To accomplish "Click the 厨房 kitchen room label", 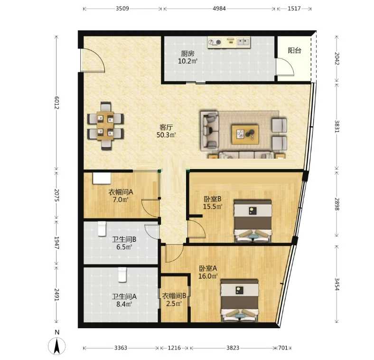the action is [187, 54].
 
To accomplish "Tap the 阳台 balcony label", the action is [294, 51].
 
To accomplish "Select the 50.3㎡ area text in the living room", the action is [166, 135].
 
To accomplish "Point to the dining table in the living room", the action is [105, 125].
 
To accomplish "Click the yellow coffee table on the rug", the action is [245, 134].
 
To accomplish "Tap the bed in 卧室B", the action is [253, 221].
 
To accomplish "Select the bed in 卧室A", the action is [240, 301].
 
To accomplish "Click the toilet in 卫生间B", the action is [102, 229].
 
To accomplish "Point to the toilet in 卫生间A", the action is [122, 275].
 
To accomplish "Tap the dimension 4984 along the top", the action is [219, 9].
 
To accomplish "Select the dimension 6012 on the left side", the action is [56, 103].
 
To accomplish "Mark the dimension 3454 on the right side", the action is [337, 284].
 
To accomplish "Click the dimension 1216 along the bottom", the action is [174, 348].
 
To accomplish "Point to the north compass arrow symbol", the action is [57, 346].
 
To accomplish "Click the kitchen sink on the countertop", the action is [243, 42].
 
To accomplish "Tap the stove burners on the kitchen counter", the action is [215, 42].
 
